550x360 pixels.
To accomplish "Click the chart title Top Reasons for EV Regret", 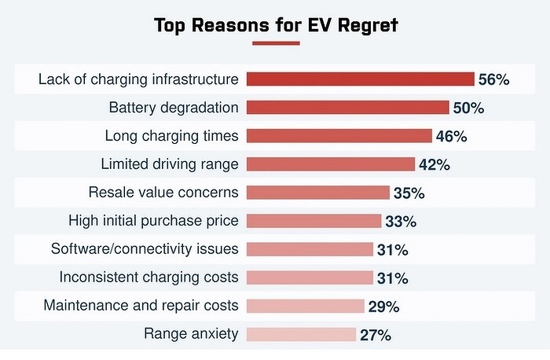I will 276,25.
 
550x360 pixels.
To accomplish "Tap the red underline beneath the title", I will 275,42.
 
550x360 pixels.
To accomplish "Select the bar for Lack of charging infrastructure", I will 361,79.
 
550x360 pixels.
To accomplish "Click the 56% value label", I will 493,79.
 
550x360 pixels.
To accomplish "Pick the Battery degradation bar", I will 347,108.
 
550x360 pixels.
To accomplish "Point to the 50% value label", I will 468,108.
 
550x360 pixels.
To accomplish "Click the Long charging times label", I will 171,136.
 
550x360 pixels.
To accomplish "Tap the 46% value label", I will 451,136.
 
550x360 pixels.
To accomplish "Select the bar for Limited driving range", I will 331,164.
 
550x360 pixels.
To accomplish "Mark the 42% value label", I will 434,164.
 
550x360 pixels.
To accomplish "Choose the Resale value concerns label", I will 163,193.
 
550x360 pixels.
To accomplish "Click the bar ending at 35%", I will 318,193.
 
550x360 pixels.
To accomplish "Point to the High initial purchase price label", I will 153,221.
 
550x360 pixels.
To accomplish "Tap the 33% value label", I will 400,221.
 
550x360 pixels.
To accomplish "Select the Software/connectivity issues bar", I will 310,249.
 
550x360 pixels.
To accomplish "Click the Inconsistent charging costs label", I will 148,277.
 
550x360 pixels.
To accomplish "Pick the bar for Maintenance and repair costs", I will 306,306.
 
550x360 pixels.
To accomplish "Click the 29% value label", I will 383,306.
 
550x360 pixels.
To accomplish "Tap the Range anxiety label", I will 191,334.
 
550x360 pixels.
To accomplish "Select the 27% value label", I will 375,334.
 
